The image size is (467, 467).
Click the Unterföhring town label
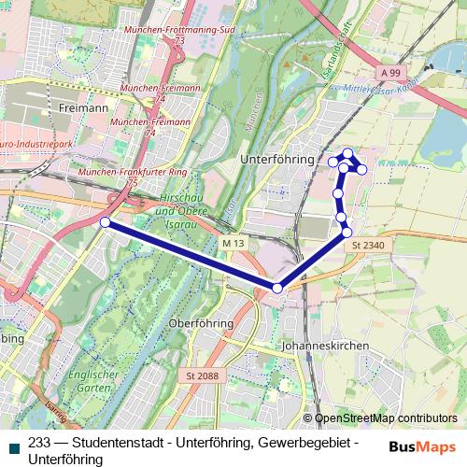pyautogui.click(x=276, y=160)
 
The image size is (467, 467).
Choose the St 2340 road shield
pyautogui.click(x=368, y=244)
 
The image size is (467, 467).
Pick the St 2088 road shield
pyautogui.click(x=203, y=376)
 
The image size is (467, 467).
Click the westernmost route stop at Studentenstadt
pyautogui.click(x=106, y=222)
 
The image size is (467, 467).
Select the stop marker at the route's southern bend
pyautogui.click(x=276, y=288)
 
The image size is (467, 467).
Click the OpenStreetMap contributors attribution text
pyautogui.click(x=385, y=418)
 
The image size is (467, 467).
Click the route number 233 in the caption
pyautogui.click(x=40, y=444)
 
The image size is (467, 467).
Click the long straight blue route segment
pyautogui.click(x=191, y=255)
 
